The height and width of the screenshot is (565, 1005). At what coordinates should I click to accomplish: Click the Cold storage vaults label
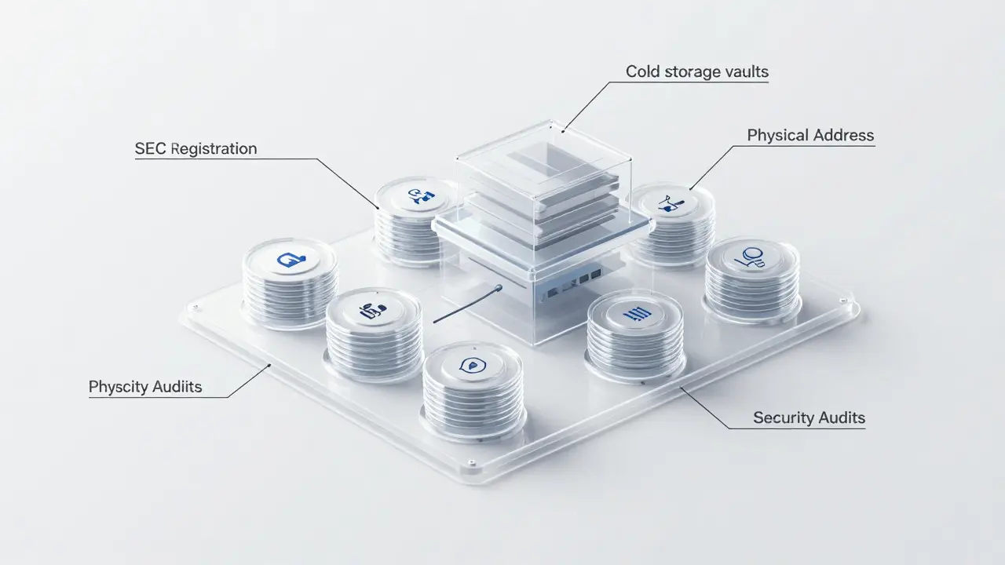click(x=696, y=72)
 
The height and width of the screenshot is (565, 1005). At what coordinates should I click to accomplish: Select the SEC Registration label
click(x=196, y=148)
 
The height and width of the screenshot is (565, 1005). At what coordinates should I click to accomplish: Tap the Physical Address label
click(x=810, y=135)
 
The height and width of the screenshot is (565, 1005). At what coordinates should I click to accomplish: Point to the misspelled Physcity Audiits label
click(x=145, y=387)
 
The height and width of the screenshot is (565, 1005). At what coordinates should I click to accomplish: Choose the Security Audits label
click(x=809, y=417)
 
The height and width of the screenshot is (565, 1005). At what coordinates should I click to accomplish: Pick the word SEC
click(x=150, y=148)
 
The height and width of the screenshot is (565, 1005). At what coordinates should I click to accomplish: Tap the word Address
click(x=842, y=135)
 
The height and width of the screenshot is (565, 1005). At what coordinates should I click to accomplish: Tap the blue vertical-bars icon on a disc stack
click(x=635, y=313)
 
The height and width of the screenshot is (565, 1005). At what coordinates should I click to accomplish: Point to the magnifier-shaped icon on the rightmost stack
click(x=751, y=258)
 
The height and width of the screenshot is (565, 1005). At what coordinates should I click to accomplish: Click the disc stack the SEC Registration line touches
click(x=414, y=216)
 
